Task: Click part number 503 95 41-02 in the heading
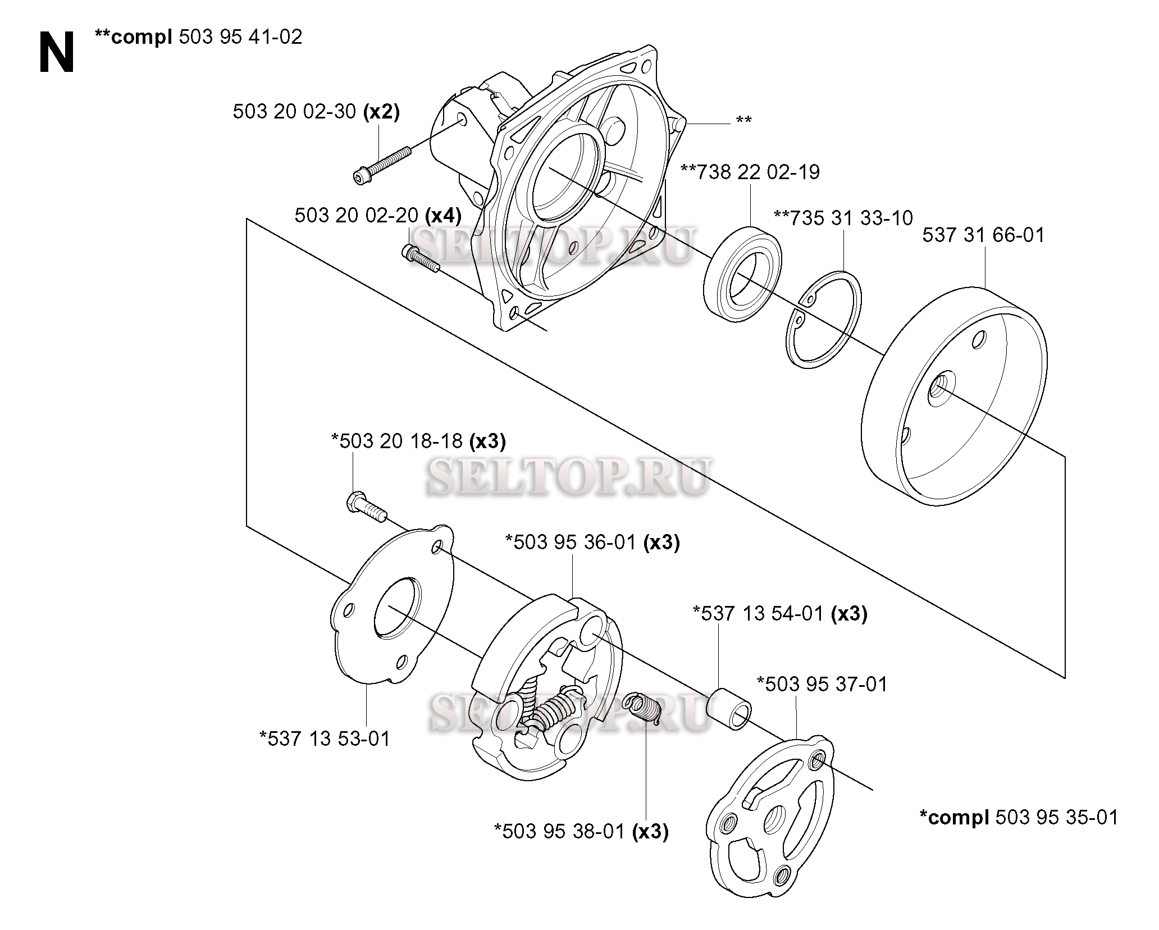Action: coord(240,37)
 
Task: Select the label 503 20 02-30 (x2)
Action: coord(316,112)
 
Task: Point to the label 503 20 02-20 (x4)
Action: coord(378,215)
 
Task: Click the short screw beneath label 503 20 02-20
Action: coord(421,259)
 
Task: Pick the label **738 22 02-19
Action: coord(750,172)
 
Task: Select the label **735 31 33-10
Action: coord(843,218)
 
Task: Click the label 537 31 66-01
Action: coord(983,235)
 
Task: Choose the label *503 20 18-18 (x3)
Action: coord(418,441)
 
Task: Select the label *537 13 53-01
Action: coord(325,738)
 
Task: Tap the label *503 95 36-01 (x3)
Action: coord(592,542)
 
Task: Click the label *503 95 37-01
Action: coord(822,684)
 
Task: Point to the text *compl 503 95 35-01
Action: coord(1019,817)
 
